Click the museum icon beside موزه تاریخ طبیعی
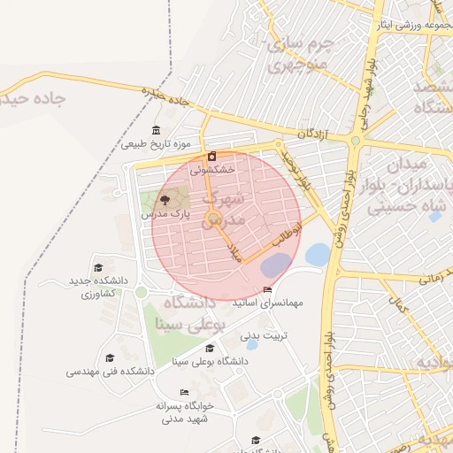[157, 130]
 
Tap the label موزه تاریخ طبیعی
[157, 143]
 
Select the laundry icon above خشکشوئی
[211, 156]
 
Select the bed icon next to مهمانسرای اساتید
[268, 290]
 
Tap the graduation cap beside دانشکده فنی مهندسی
[111, 358]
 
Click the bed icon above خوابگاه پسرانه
[184, 392]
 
